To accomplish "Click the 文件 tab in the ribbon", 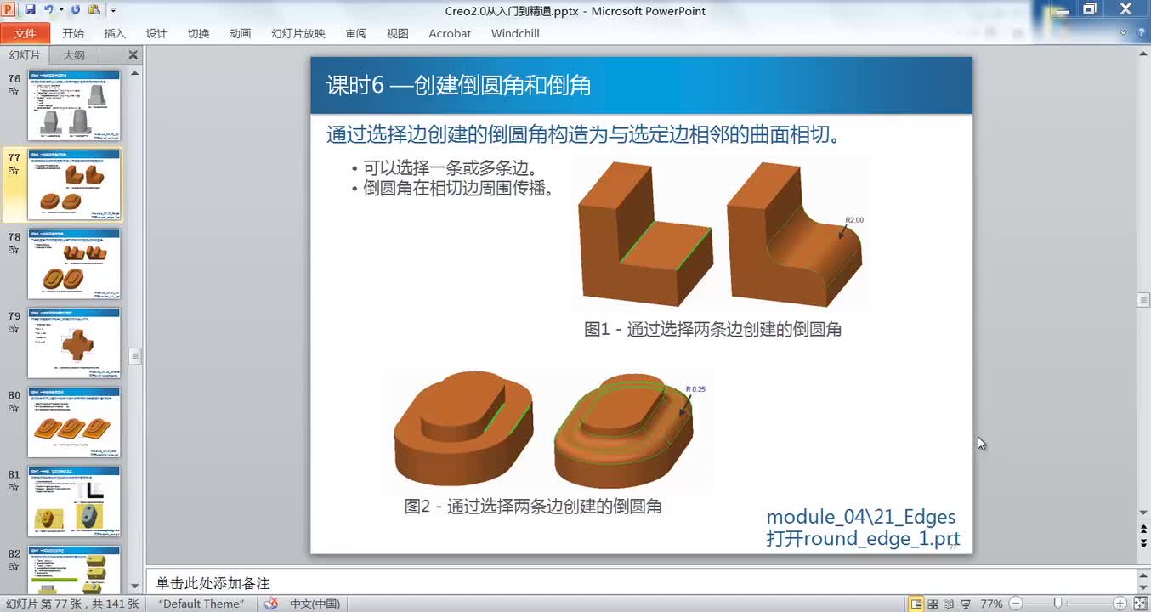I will click(x=26, y=33).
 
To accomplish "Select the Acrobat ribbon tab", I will click(x=450, y=33).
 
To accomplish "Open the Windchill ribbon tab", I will click(x=515, y=33).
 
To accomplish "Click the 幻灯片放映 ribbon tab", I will click(x=298, y=33).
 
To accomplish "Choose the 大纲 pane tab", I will click(x=74, y=55).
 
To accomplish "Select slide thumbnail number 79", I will click(x=74, y=343).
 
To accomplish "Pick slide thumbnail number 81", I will click(x=74, y=501).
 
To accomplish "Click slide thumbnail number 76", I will click(x=74, y=105).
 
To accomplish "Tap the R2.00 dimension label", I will click(x=853, y=220).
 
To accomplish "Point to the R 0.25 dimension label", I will click(x=695, y=389).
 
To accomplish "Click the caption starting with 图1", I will click(x=712, y=329).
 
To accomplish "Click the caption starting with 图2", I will click(x=533, y=507).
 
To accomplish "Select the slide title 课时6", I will click(x=458, y=85).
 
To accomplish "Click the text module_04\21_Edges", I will click(x=860, y=517).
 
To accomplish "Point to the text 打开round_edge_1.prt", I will click(x=862, y=539).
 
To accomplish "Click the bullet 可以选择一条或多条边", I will click(x=450, y=167).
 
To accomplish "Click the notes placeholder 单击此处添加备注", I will click(x=213, y=583).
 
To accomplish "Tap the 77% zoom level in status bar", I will click(x=991, y=603).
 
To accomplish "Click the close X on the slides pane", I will click(x=133, y=55).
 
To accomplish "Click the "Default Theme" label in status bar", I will click(x=201, y=603).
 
